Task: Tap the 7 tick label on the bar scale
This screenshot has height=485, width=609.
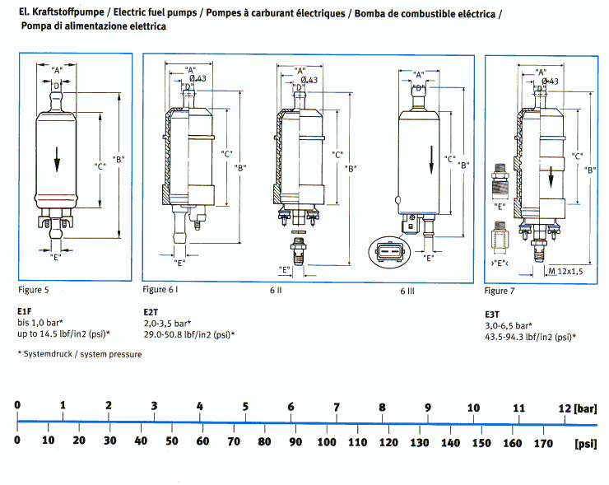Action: point(336,408)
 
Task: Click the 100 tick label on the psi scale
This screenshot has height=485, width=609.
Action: point(327,441)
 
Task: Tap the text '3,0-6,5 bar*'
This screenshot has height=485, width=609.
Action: point(508,325)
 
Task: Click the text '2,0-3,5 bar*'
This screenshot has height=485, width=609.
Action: point(167,323)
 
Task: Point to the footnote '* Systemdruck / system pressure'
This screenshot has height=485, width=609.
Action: point(79,355)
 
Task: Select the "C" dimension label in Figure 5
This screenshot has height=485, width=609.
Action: point(100,166)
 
